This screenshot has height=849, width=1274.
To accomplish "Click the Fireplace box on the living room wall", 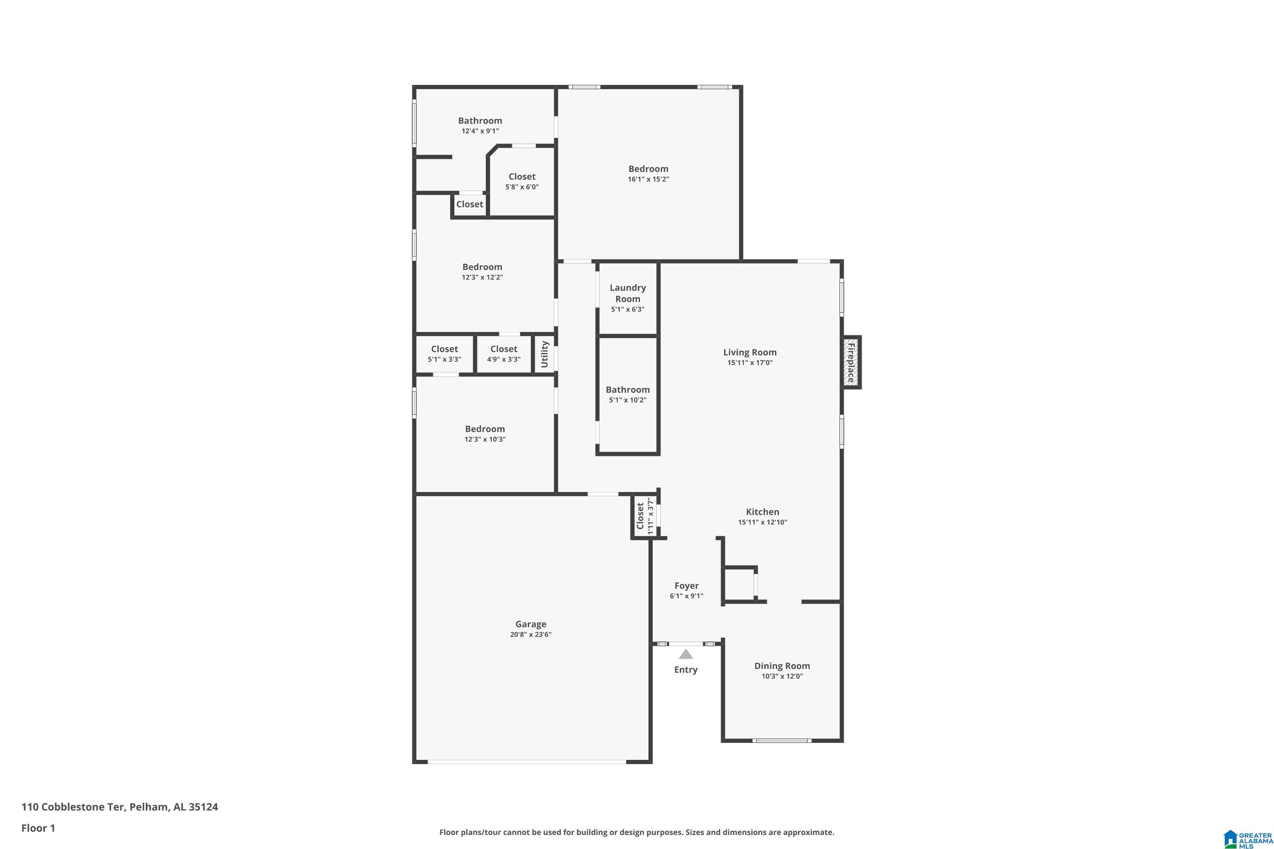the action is point(851,362).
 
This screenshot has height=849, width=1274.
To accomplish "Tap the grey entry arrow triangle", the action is point(686,654).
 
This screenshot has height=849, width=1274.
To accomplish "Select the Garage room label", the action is point(531,624).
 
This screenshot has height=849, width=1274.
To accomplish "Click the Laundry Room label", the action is point(628,293).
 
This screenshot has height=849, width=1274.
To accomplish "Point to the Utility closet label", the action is point(544,354).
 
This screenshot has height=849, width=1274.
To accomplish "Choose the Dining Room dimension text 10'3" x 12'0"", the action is point(782,676).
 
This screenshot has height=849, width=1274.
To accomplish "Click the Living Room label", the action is point(750,352).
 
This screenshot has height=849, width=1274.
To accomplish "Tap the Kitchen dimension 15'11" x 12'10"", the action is point(762,522).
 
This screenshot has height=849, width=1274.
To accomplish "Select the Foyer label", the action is point(686,585).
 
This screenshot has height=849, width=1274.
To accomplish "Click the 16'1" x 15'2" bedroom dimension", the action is point(648,179).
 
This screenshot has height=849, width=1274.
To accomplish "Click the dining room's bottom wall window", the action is point(782,740).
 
